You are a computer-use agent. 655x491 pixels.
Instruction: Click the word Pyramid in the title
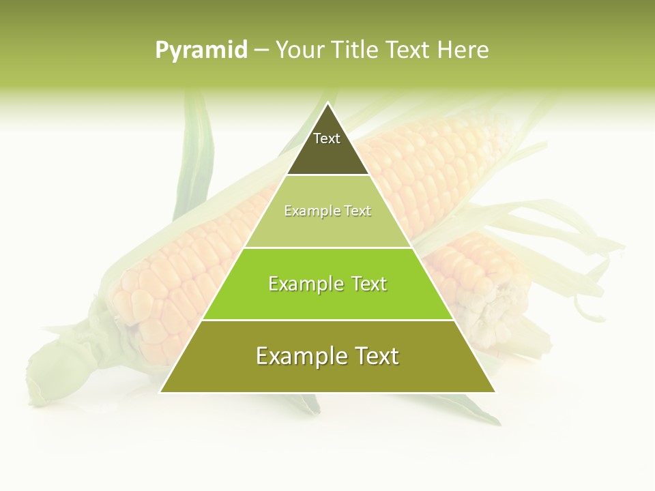click(x=201, y=50)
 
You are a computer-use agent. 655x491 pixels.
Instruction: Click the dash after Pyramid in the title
click(x=261, y=50)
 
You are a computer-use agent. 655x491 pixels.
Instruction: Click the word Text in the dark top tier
click(x=327, y=138)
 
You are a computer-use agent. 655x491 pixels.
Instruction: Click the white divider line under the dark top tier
click(x=328, y=175)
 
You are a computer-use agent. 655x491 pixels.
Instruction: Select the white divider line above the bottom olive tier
click(x=328, y=320)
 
